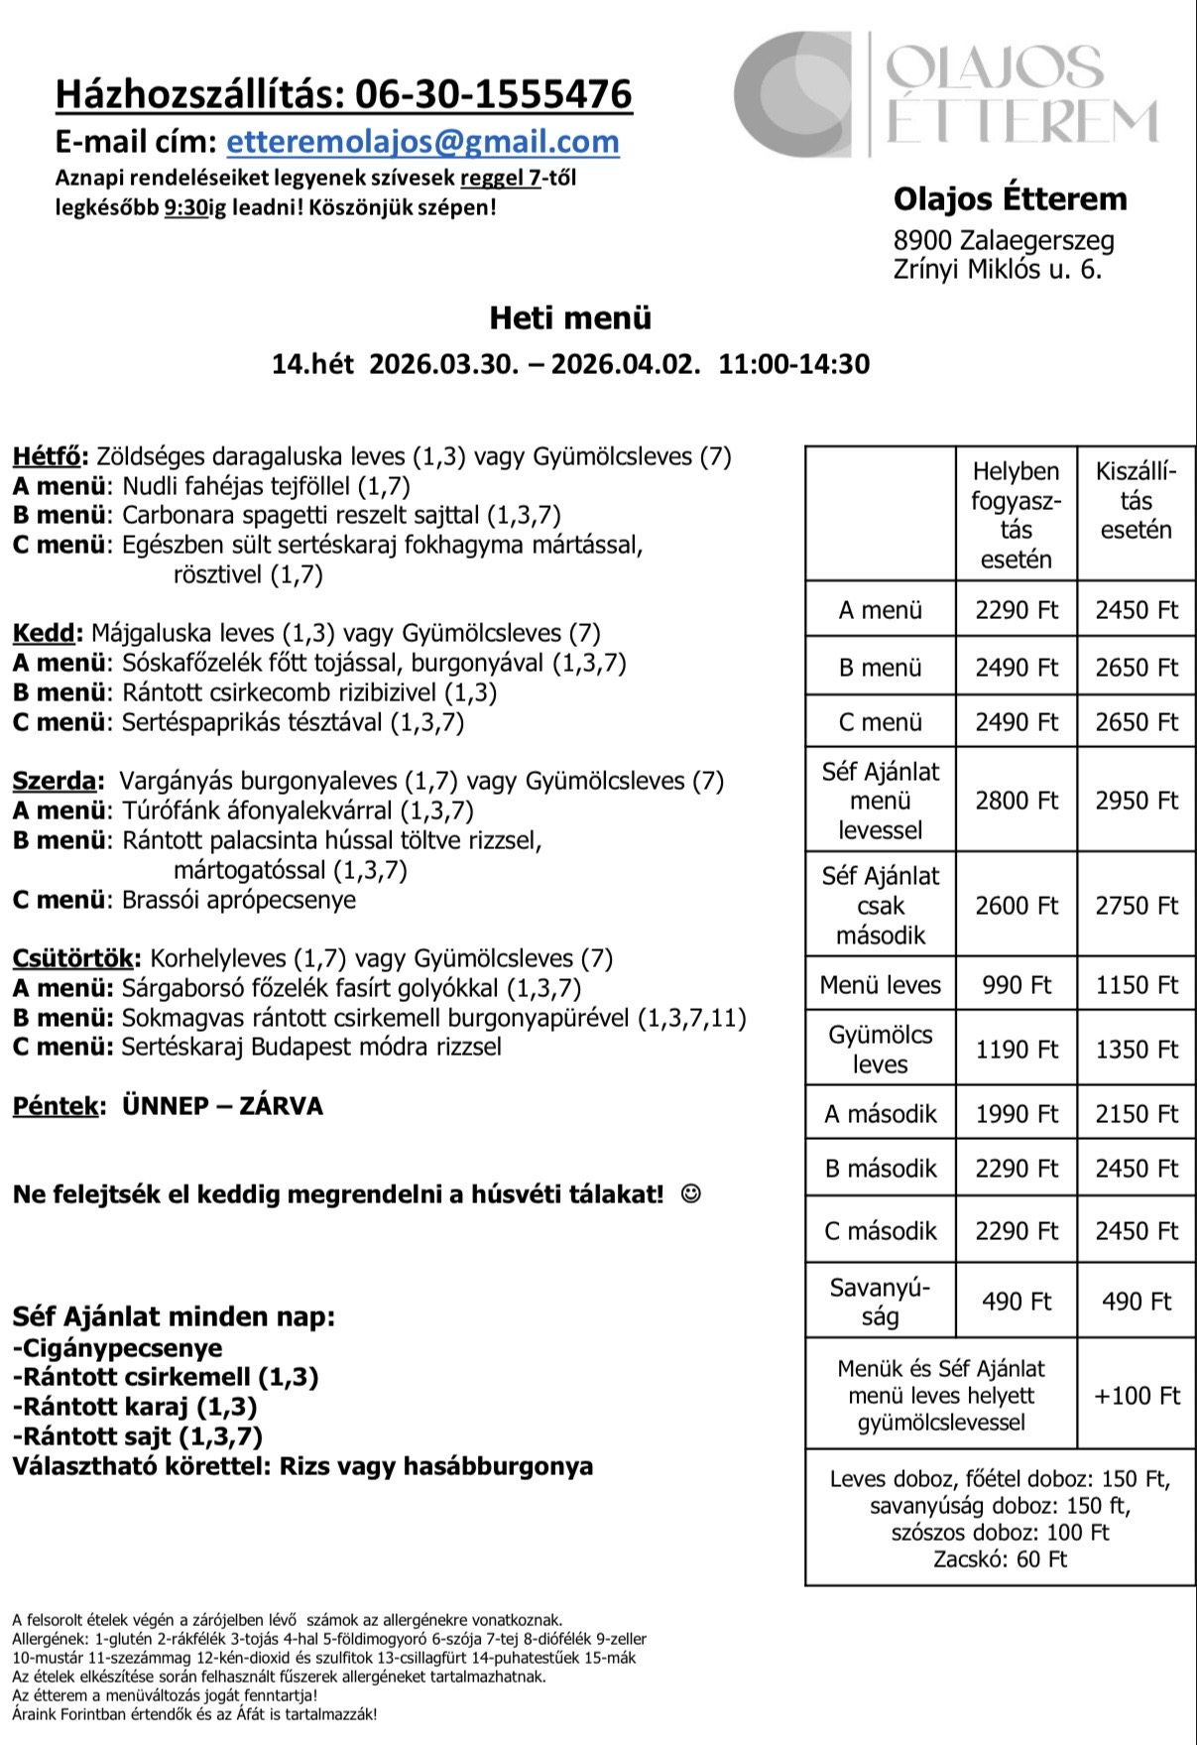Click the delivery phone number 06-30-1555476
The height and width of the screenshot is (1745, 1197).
[493, 94]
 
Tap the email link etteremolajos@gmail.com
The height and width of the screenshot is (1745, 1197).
[422, 142]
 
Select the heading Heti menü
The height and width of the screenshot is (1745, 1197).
[570, 318]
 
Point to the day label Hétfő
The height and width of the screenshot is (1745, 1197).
[47, 456]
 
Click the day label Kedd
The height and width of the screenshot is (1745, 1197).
[44, 633]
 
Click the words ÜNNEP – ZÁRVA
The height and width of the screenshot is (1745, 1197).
[222, 1106]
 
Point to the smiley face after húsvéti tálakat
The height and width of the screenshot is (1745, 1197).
[690, 1194]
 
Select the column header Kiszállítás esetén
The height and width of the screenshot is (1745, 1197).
[1136, 500]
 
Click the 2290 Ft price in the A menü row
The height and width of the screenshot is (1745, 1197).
[1017, 610]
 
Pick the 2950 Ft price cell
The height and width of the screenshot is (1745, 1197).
[1137, 801]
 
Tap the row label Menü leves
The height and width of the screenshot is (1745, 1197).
[880, 985]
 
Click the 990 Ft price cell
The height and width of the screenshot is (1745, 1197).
[1017, 985]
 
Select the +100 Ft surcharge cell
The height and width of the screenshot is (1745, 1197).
[1137, 1396]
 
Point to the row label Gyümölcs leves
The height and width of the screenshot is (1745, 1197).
[880, 1050]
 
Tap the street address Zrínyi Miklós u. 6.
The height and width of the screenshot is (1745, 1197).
[997, 270]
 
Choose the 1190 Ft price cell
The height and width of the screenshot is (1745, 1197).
[1017, 1050]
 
